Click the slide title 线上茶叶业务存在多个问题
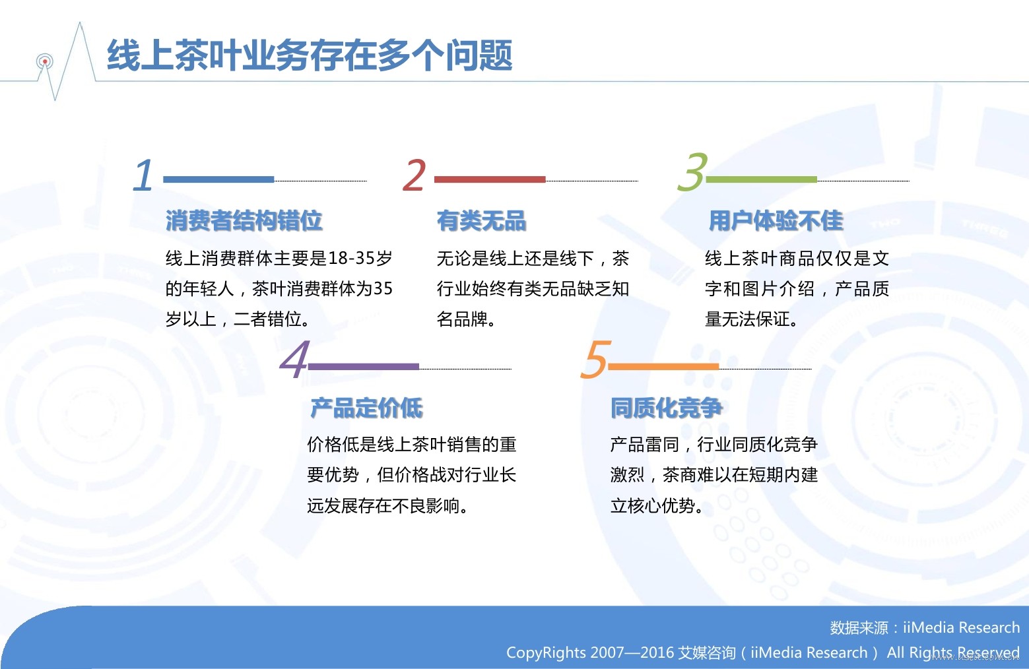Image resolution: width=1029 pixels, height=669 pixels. click(x=309, y=55)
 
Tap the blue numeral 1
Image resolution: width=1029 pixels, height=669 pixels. click(x=143, y=175)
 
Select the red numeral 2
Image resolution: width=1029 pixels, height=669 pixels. click(x=414, y=175)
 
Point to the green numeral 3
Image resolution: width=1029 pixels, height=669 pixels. click(x=692, y=172)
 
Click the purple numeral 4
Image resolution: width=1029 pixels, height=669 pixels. click(x=294, y=359)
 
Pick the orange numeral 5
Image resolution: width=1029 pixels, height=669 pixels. click(x=596, y=359)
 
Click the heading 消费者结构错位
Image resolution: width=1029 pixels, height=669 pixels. click(x=244, y=220)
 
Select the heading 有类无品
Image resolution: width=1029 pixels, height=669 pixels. click(x=481, y=220)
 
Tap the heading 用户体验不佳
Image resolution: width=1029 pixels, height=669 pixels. click(x=776, y=220)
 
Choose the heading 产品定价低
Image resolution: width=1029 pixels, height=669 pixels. click(x=366, y=408)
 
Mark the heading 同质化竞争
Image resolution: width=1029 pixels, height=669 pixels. click(x=667, y=408)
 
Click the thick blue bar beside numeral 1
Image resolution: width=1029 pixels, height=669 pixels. click(x=218, y=179)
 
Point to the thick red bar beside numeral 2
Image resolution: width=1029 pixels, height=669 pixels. click(x=490, y=179)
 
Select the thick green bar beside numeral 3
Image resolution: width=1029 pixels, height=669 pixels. click(x=762, y=179)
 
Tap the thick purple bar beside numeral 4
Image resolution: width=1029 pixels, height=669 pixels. click(x=364, y=366)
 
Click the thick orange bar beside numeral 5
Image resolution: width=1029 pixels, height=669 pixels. click(x=663, y=366)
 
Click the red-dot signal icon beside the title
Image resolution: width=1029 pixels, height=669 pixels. click(x=45, y=61)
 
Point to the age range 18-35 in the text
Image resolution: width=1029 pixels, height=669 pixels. click(x=351, y=258)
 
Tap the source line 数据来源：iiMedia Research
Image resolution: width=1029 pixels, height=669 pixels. click(x=925, y=627)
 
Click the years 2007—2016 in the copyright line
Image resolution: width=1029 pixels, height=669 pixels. click(x=632, y=653)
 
